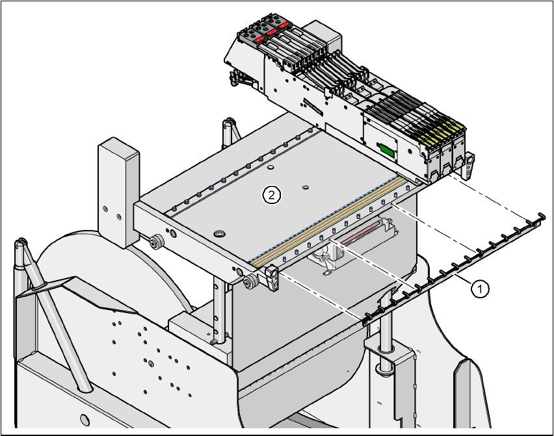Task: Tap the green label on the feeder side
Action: pos(386,150)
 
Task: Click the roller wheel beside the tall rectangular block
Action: pos(155,244)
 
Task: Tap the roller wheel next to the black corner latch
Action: pos(249,282)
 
